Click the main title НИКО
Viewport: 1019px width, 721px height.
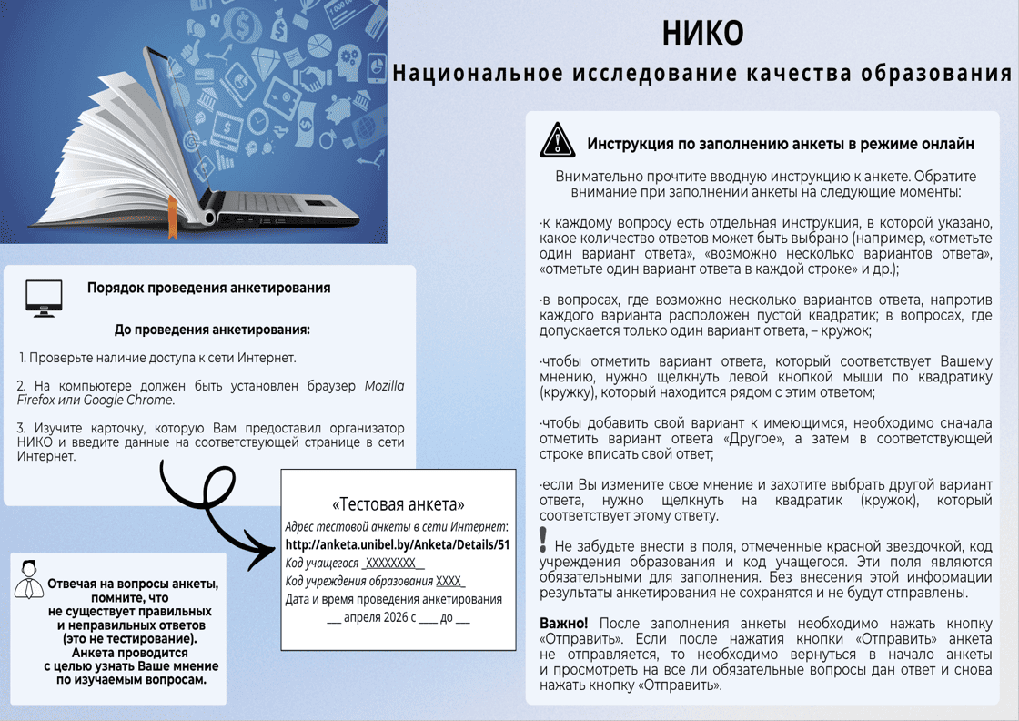(702, 34)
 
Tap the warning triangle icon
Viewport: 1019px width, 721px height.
(557, 140)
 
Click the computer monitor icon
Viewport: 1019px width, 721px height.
(44, 298)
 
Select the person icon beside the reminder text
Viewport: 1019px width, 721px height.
(29, 579)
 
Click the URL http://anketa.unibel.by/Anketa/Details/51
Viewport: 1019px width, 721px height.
(398, 544)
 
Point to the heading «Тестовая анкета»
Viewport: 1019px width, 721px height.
(399, 503)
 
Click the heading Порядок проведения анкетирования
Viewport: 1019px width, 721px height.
(208, 288)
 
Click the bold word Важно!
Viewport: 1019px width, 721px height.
(563, 624)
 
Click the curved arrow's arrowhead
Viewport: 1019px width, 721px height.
(265, 550)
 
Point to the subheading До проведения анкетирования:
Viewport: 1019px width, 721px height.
(212, 330)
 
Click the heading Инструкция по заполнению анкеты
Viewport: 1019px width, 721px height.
(781, 144)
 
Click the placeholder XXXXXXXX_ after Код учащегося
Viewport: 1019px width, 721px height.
(393, 564)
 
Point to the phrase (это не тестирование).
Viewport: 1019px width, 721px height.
(131, 639)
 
